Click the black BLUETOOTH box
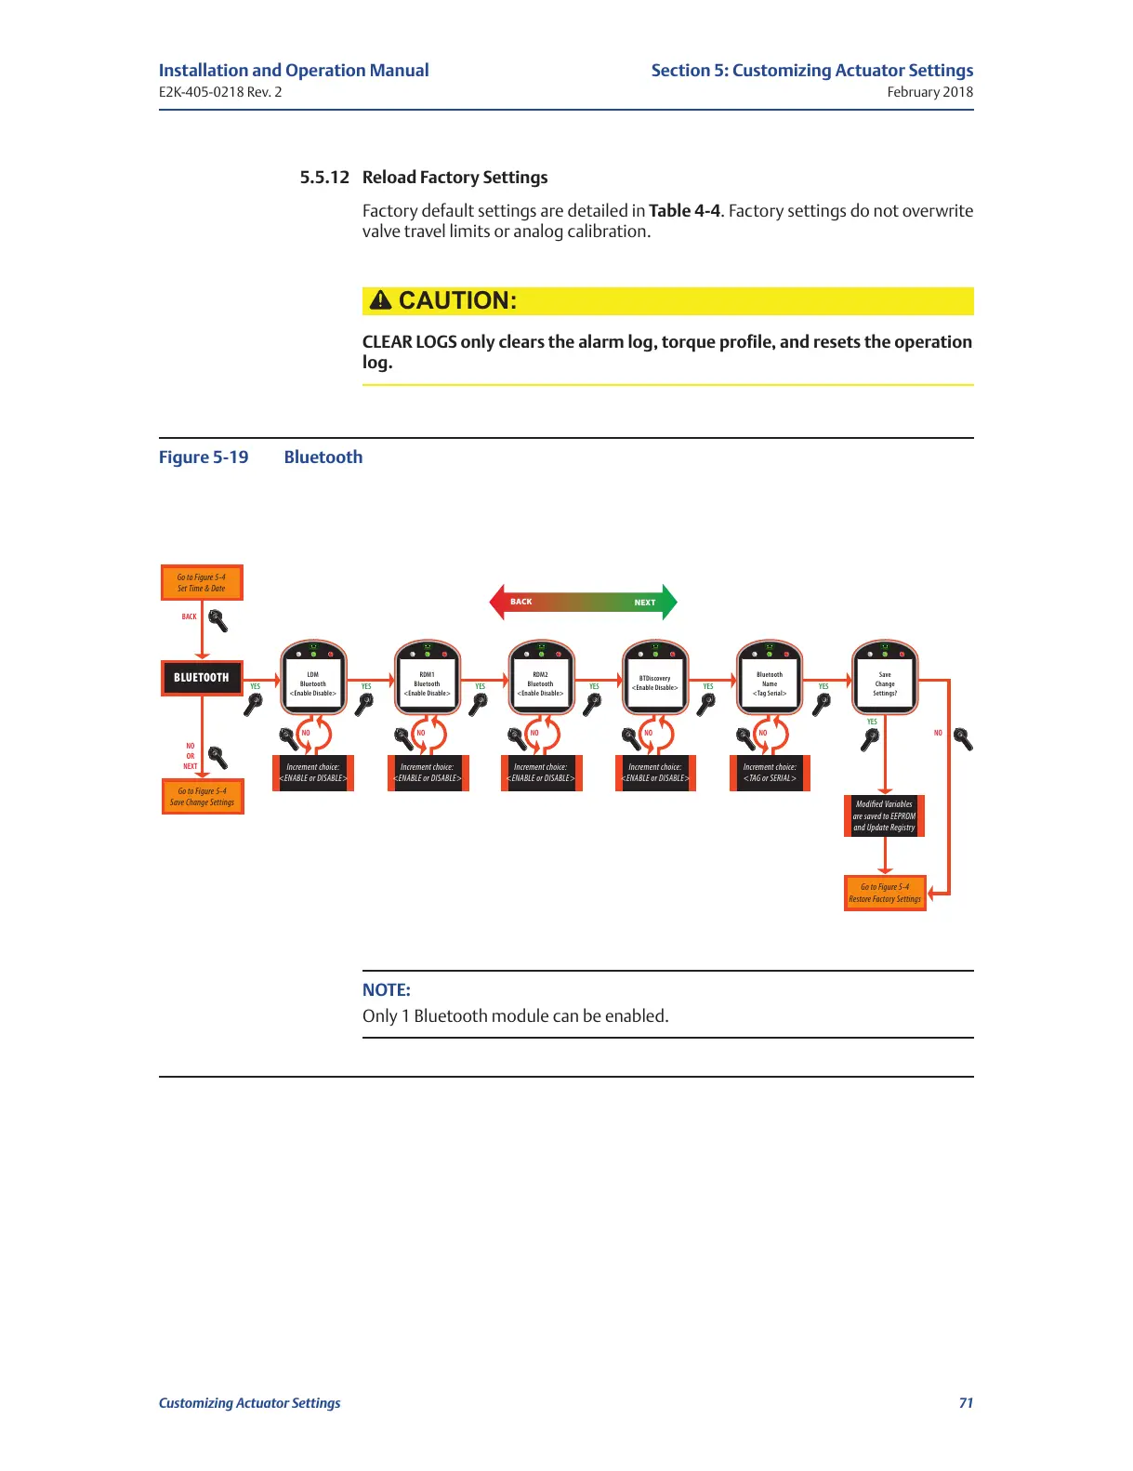click(x=202, y=678)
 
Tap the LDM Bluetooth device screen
click(x=313, y=683)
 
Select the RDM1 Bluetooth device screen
click(x=428, y=683)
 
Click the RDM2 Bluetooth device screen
click(x=541, y=683)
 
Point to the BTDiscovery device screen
click(x=655, y=683)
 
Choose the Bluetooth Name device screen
click(x=770, y=683)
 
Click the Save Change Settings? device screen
click(x=885, y=683)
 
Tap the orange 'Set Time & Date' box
click(x=202, y=583)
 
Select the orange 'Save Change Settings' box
click(x=203, y=797)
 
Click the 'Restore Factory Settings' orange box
click(x=885, y=894)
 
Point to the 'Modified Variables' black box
click(x=884, y=815)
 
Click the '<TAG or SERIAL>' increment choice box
click(x=770, y=773)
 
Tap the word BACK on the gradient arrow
click(x=521, y=602)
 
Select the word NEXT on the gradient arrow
click(x=645, y=603)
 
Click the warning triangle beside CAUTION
click(x=380, y=300)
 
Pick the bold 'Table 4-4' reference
click(x=684, y=211)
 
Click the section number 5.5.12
click(x=324, y=178)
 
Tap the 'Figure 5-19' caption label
click(x=204, y=457)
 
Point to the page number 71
click(x=966, y=1403)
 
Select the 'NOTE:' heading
click(x=387, y=990)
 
